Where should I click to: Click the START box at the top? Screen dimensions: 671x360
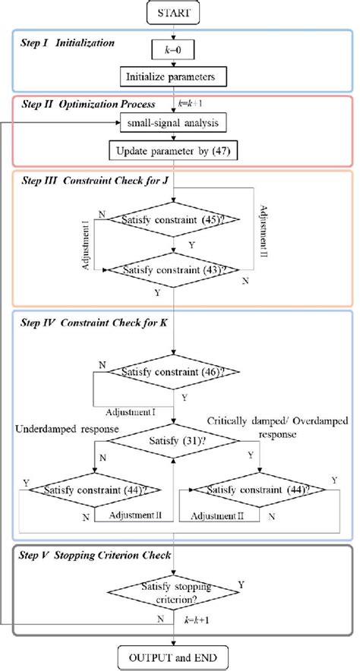[175, 12]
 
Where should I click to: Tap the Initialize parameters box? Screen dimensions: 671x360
[175, 76]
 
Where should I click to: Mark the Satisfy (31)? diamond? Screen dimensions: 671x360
[175, 442]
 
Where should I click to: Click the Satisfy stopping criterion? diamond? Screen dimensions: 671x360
[175, 591]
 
